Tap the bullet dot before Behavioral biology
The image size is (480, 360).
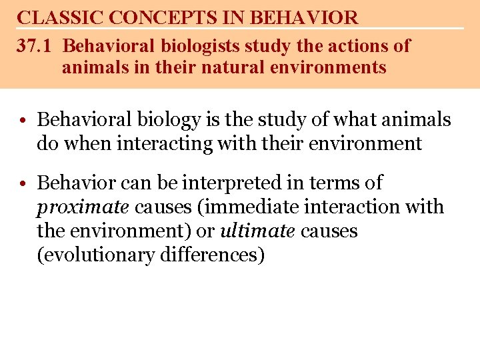(x=23, y=121)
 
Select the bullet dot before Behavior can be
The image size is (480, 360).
(x=23, y=183)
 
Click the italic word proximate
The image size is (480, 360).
(x=83, y=207)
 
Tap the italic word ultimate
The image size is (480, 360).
(x=257, y=231)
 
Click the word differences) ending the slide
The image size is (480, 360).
(x=212, y=255)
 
